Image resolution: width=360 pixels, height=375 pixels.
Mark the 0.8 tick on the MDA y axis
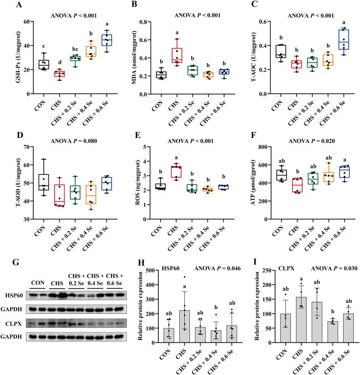click(x=151, y=21)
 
